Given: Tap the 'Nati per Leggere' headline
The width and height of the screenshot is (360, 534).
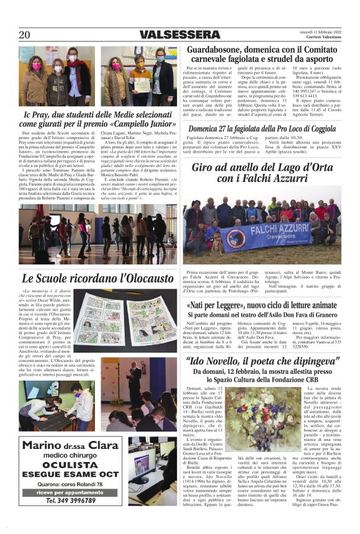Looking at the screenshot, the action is [x=263, y=305].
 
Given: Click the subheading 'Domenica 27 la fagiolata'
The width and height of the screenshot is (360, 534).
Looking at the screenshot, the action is [x=263, y=129].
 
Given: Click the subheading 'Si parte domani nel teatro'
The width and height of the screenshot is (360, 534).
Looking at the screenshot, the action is [x=263, y=315].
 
